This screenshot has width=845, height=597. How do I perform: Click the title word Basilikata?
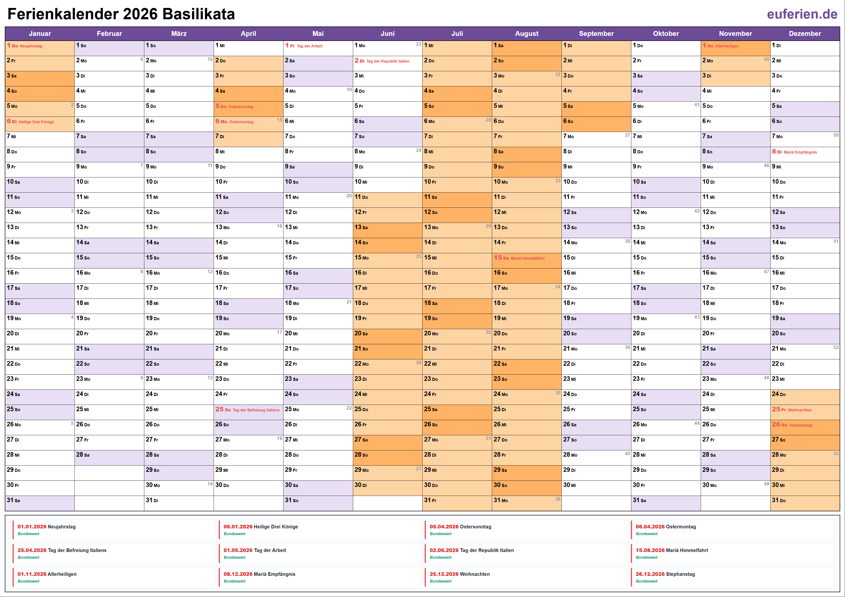(x=199, y=14)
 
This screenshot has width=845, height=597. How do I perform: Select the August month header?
(x=526, y=33)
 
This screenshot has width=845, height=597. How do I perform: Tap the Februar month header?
(x=109, y=33)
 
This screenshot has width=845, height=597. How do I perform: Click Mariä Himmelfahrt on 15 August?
(x=527, y=259)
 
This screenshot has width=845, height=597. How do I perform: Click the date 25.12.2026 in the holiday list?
(x=444, y=574)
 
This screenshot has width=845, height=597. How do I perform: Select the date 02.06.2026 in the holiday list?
(x=444, y=550)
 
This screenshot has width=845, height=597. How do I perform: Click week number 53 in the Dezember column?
(x=836, y=454)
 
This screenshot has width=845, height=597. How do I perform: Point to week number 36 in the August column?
(x=558, y=499)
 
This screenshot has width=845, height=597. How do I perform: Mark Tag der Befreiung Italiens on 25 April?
(x=256, y=410)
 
